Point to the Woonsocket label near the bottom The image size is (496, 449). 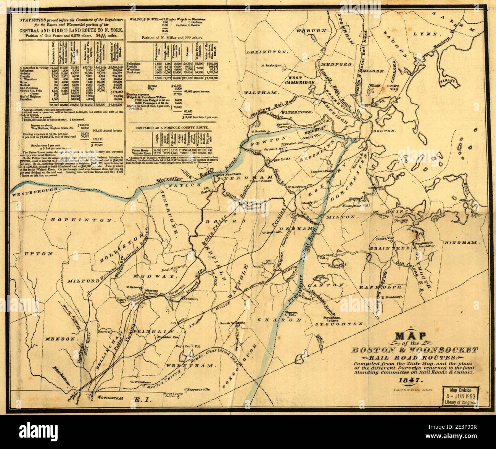point(111,397)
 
